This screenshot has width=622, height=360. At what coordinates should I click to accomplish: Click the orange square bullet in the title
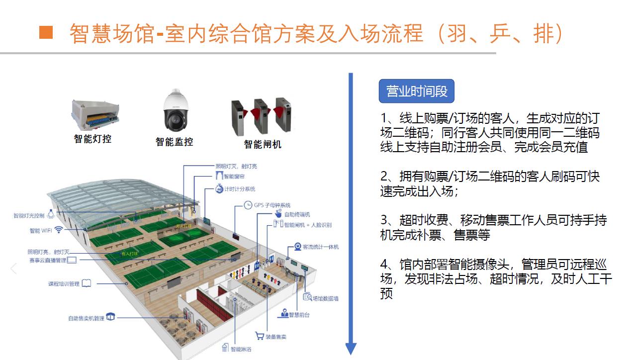tap(46, 32)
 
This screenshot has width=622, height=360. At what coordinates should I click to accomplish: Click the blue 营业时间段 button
tap(417, 91)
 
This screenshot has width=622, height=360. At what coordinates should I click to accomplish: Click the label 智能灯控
tap(93, 139)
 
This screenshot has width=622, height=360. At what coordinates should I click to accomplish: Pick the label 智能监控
tap(174, 142)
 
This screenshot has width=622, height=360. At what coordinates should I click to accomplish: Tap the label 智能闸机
tap(263, 144)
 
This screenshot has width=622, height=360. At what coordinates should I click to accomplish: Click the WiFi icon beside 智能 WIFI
tap(59, 230)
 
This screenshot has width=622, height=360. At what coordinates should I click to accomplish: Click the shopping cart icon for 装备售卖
tap(259, 336)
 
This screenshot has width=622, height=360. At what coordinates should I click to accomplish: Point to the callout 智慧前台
tap(297, 314)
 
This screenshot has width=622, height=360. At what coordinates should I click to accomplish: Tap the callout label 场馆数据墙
tap(325, 298)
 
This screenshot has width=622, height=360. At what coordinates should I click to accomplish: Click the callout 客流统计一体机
tap(320, 247)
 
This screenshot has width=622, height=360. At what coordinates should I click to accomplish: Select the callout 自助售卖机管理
tap(86, 318)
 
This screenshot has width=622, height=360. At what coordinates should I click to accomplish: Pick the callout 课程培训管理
tap(64, 283)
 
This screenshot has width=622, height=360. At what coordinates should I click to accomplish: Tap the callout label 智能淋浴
tap(241, 349)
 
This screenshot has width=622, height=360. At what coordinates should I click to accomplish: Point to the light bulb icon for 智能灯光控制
tap(51, 215)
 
